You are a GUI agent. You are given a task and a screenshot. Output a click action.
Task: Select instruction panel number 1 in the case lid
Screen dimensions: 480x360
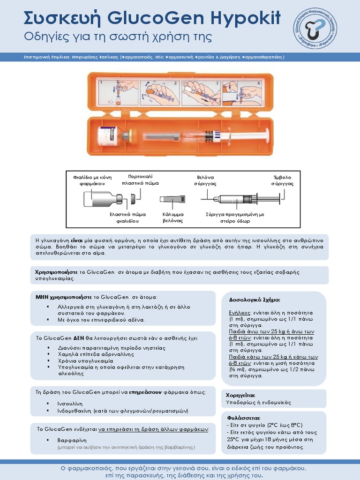[x=118, y=91]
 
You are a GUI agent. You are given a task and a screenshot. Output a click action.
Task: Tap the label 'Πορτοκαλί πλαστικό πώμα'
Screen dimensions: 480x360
[x=140, y=180]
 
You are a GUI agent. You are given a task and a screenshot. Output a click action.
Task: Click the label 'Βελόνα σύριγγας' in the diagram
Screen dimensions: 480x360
[x=205, y=180]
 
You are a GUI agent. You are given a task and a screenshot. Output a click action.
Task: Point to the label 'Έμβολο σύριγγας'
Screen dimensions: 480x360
[x=282, y=180]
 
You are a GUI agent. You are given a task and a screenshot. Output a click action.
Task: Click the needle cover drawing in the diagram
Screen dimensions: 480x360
[x=172, y=199]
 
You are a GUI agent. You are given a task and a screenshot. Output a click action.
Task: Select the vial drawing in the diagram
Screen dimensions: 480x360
[x=103, y=199]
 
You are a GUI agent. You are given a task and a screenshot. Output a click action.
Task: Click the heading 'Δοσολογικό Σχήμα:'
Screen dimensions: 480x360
[x=254, y=300]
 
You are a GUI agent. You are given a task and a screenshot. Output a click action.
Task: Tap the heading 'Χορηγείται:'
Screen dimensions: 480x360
[x=240, y=395]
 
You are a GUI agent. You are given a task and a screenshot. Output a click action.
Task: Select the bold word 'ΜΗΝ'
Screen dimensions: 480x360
[x=42, y=297]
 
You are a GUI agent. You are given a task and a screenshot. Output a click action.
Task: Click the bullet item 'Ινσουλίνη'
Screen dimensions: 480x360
[x=70, y=403]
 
